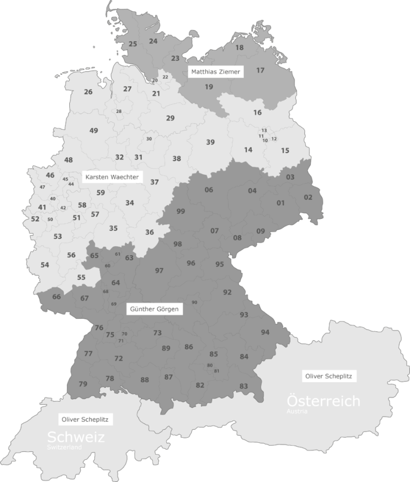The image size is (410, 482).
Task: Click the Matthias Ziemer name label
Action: tap(215, 72)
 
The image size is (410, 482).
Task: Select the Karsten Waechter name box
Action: tap(112, 177)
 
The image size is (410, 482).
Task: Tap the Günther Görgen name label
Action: tap(154, 309)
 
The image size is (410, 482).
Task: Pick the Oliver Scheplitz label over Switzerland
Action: tap(86, 420)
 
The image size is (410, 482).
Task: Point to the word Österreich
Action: tap(323, 401)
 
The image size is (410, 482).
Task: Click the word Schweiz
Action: tap(76, 437)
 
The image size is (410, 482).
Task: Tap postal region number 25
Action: tap(133, 44)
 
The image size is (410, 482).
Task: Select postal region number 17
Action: tap(260, 70)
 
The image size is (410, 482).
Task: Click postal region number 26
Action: tap(88, 92)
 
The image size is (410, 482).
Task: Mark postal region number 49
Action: tap(94, 130)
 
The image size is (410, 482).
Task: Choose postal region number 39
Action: tap(210, 142)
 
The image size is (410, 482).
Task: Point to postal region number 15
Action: tap(285, 150)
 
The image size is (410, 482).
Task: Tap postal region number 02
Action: tap(308, 197)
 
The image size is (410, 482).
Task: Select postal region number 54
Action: tap(45, 265)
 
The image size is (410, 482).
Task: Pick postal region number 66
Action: tap(56, 297)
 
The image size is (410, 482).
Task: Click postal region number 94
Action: tap(265, 332)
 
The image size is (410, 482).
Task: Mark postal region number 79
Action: tap(83, 384)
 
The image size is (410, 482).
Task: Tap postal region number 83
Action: tap(244, 386)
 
